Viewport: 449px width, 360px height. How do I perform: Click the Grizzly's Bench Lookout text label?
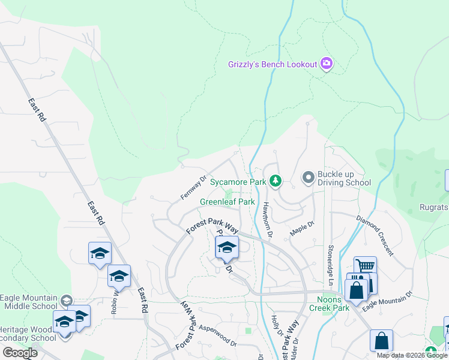click(x=273, y=64)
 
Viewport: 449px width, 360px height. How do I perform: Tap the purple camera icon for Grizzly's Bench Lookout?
click(x=327, y=63)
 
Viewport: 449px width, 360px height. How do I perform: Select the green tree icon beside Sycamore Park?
click(x=276, y=181)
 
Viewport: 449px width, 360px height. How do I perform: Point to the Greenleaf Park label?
click(x=228, y=202)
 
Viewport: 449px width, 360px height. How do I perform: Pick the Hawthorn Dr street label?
click(x=268, y=217)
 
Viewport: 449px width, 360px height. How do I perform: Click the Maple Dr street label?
click(x=303, y=228)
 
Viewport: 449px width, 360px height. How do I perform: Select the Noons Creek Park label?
click(x=329, y=304)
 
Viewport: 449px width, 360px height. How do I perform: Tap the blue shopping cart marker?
click(x=365, y=266)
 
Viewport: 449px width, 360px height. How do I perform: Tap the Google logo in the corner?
click(x=20, y=353)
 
